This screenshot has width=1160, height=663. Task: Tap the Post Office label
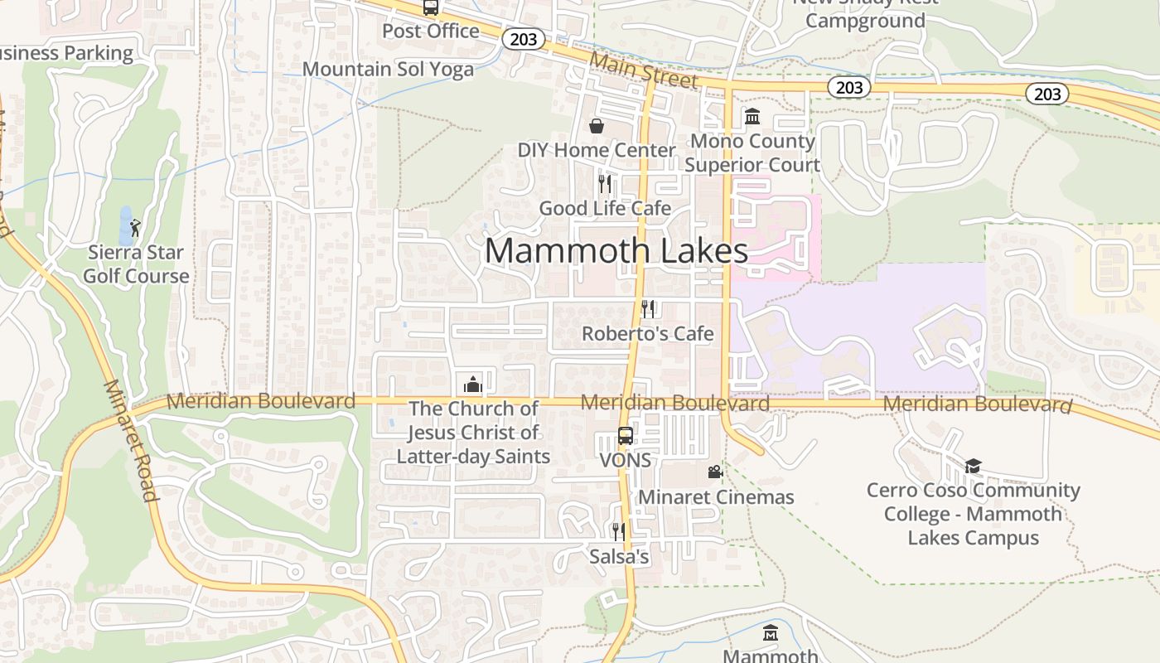(430, 31)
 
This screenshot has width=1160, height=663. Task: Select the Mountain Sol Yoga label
(388, 69)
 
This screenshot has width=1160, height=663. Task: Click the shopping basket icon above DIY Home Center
(596, 126)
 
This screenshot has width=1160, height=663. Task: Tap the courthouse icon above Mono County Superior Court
(752, 117)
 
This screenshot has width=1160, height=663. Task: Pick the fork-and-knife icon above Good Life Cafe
(605, 183)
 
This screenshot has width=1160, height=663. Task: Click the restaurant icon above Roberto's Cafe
(648, 309)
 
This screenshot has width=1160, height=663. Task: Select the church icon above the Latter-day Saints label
(473, 384)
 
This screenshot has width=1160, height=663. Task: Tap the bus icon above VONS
(626, 436)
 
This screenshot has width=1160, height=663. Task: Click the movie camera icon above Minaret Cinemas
(715, 472)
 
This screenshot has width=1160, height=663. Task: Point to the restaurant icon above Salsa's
(618, 531)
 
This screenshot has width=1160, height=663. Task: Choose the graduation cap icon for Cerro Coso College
(973, 466)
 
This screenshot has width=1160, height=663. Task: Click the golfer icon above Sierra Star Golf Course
(136, 227)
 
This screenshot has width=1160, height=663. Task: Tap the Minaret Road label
(131, 441)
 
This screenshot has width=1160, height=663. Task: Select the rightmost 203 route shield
(1047, 94)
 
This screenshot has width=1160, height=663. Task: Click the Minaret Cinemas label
(716, 497)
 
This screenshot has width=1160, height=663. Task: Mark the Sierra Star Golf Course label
(136, 264)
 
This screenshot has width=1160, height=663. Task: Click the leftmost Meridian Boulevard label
(261, 401)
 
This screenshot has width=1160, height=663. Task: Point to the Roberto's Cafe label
(647, 334)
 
